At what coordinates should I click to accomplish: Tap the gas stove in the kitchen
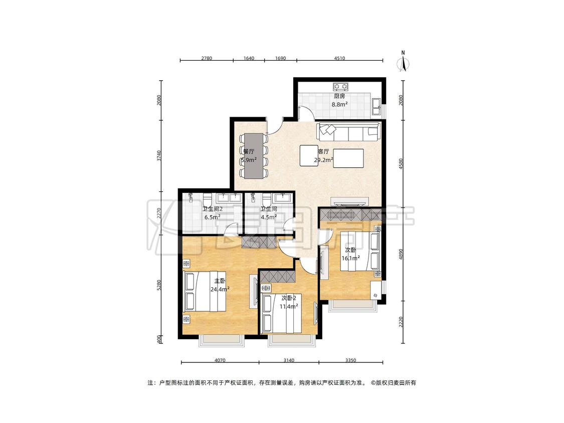click(340, 86)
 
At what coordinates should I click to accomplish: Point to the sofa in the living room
click(348, 132)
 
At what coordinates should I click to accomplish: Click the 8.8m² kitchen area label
click(339, 105)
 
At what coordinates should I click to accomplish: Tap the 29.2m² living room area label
click(323, 160)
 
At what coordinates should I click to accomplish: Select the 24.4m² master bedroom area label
click(220, 289)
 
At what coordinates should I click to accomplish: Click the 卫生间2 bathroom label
click(212, 209)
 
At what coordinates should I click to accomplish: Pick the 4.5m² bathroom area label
click(269, 217)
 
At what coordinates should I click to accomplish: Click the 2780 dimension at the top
click(207, 58)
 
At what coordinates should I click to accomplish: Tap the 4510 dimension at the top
click(339, 58)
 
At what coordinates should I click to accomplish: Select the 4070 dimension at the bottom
click(220, 360)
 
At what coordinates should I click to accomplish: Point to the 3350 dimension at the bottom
click(350, 360)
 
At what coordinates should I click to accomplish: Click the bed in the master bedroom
click(205, 291)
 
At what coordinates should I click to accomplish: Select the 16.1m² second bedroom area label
click(351, 258)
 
